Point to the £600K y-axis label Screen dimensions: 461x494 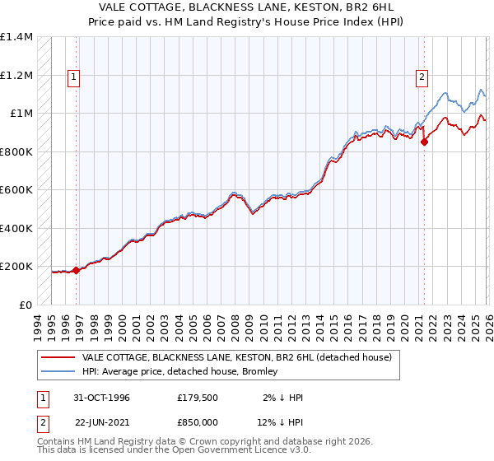pos(16,190)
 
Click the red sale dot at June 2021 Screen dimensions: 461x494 pos(425,142)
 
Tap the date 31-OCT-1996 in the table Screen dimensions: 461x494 pos(102,398)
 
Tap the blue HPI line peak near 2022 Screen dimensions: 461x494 pos(445,93)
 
